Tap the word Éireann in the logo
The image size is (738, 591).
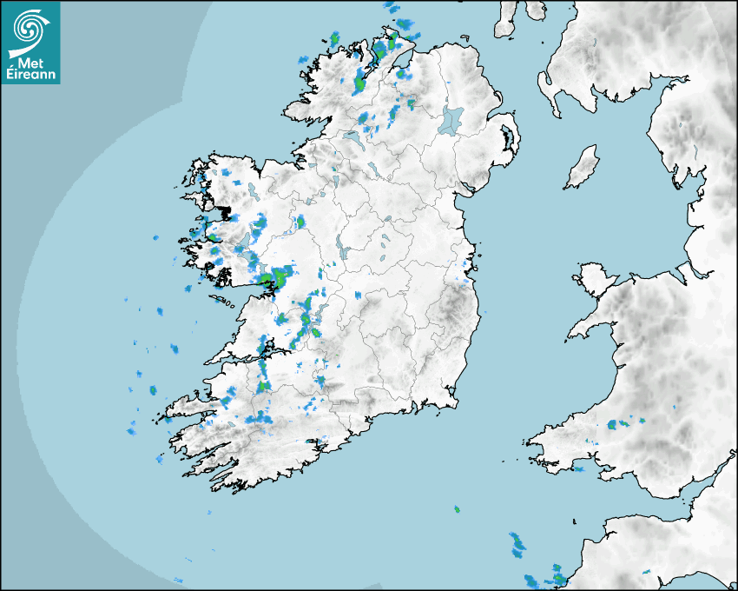click(31, 76)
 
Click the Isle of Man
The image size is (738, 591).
click(583, 168)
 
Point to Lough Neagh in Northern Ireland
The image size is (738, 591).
click(451, 120)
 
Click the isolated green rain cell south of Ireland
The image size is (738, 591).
click(457, 509)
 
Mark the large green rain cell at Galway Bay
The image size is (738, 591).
click(280, 277)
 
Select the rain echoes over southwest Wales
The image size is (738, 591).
click(618, 424)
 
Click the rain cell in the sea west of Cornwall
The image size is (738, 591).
click(517, 546)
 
